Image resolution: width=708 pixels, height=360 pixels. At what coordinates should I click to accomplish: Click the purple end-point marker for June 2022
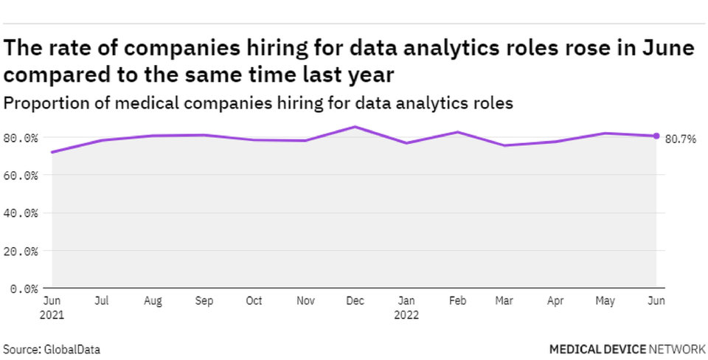(656, 136)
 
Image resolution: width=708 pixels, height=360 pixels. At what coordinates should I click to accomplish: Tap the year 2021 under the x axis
(52, 315)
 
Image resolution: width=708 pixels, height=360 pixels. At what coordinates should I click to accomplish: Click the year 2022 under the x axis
(405, 315)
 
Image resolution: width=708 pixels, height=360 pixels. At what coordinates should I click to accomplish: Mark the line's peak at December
(354, 127)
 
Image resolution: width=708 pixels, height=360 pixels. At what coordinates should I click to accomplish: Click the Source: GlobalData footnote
(52, 348)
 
